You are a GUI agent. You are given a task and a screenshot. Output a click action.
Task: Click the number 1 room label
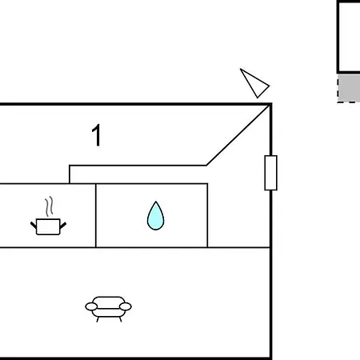[x=97, y=135]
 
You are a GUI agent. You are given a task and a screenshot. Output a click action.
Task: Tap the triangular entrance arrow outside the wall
[x=255, y=84]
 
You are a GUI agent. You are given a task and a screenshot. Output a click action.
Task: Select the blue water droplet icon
[x=156, y=216]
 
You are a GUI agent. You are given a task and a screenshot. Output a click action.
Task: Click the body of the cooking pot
[x=48, y=226]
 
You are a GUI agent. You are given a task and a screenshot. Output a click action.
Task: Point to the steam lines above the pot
[x=49, y=206]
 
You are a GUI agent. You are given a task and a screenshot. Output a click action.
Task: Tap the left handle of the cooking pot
[x=34, y=225]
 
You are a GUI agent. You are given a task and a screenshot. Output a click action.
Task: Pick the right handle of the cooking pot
[x=63, y=226]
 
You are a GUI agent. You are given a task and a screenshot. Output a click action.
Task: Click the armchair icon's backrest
[x=108, y=300]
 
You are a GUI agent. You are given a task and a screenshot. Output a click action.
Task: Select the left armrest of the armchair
[x=91, y=306]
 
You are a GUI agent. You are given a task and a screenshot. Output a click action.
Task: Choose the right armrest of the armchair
[x=126, y=306]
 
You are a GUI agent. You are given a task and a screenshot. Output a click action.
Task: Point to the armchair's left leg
[x=98, y=319]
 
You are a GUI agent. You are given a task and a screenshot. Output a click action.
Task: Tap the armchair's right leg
[x=121, y=319]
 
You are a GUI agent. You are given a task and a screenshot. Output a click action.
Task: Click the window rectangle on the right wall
[x=270, y=173]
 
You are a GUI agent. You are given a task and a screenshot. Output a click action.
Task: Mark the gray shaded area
[x=349, y=87]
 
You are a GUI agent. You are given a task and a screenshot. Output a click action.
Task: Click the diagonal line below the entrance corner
[x=238, y=135]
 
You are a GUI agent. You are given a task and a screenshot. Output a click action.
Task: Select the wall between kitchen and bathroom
[x=96, y=215]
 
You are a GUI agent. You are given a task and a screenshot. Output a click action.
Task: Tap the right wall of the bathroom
[x=207, y=215]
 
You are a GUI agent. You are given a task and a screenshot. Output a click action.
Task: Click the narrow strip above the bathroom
[x=138, y=174]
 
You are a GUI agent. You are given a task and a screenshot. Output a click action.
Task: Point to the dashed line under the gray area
[x=349, y=102]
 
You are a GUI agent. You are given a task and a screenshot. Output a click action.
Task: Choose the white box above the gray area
[x=349, y=37]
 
